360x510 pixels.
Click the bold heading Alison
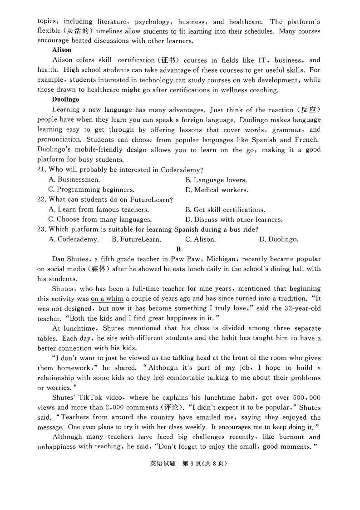coord(62,50)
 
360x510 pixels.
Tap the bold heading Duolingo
coord(65,99)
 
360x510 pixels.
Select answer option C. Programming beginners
coord(91,190)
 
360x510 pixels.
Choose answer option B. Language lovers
coord(216,180)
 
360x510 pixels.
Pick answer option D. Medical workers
coord(217,190)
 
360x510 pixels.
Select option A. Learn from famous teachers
coord(99,209)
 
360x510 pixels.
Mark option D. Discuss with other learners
coord(234,219)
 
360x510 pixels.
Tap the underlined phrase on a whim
coord(107,298)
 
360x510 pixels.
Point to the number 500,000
coord(305,397)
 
